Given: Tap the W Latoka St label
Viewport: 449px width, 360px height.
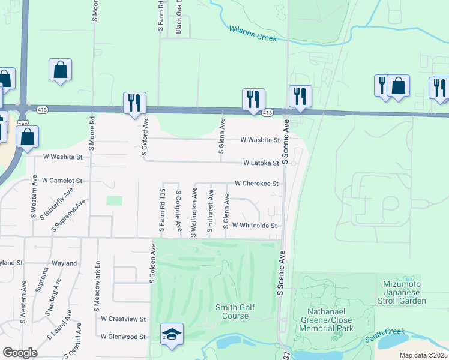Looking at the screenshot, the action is [261, 163].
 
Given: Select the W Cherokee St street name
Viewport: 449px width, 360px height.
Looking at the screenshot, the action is [256, 184].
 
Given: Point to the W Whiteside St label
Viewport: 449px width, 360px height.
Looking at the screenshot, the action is [254, 226].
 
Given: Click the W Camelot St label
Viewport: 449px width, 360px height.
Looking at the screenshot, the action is [61, 180].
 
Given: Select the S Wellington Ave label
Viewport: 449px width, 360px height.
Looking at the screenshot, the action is [194, 212].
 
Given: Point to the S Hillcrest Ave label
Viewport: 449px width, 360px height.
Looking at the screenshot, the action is [210, 213].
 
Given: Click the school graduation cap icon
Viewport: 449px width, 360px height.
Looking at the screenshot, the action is [172, 334].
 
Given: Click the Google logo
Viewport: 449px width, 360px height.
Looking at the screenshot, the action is [20, 353].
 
